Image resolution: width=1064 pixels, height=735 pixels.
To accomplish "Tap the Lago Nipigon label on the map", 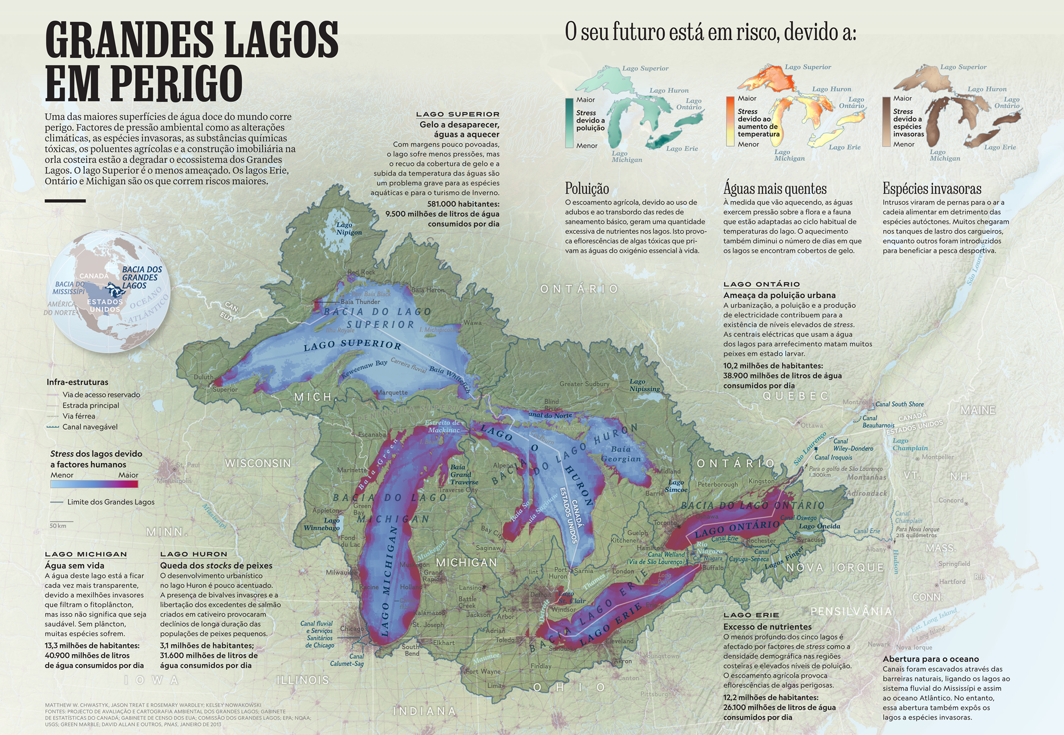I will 349,228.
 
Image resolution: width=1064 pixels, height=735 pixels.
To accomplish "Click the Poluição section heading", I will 587,188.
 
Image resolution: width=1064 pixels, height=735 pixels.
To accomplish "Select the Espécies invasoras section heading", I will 932,188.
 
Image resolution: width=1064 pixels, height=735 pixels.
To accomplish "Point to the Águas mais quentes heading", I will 775,188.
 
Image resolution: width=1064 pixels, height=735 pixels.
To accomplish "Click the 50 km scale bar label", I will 58,526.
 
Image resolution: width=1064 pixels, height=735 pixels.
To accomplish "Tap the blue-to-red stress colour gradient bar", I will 94,484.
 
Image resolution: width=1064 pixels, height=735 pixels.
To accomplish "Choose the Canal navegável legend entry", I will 89,427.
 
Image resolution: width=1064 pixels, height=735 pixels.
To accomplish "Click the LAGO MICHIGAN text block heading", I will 86,554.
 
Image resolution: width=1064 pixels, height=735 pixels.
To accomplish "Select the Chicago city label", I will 351,629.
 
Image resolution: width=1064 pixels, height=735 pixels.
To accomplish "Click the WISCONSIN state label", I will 258,463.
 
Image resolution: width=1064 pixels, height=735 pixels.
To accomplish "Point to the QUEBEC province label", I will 795,396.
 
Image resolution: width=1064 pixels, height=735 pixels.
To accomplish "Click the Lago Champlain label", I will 909,444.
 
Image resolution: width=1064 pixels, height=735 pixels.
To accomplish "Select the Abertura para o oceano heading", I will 931,659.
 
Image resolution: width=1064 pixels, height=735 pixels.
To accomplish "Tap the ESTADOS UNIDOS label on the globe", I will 105,305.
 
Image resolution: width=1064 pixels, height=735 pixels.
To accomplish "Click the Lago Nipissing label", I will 644,385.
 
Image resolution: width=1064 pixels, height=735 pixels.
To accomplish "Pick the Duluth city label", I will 203,377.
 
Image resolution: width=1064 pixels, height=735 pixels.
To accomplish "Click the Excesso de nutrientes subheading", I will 767,627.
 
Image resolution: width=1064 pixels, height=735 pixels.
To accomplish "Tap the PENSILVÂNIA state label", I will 851,611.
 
